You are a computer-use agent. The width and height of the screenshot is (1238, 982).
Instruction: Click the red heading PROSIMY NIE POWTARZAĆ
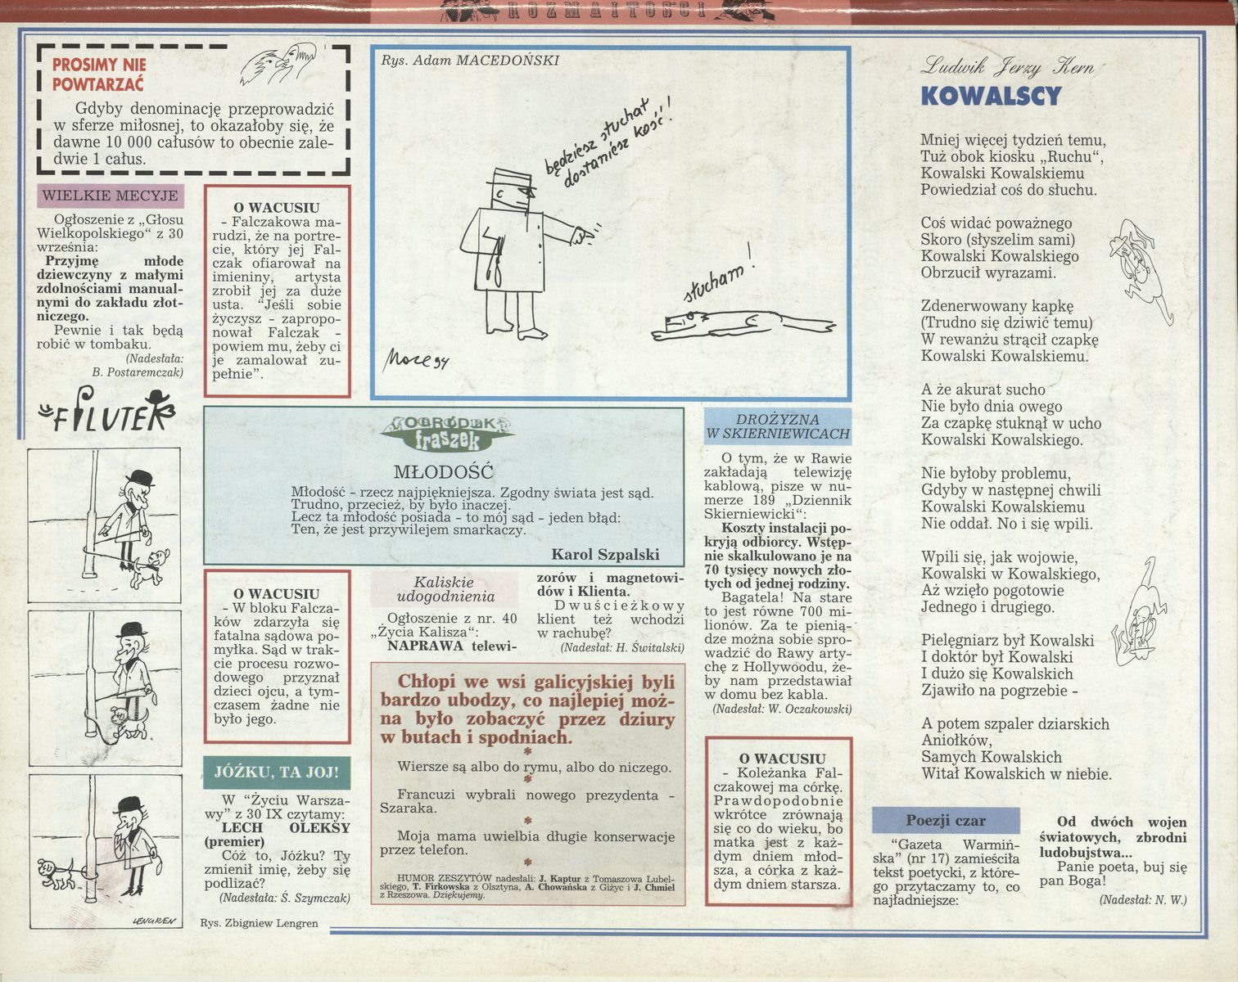tap(99, 74)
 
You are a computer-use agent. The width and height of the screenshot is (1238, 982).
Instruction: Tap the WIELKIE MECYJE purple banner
tap(111, 196)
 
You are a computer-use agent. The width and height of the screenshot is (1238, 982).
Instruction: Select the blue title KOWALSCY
tap(992, 96)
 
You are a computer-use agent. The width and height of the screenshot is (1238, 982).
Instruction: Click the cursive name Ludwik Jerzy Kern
tap(1007, 67)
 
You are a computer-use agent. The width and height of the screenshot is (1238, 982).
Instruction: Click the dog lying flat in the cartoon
tap(742, 325)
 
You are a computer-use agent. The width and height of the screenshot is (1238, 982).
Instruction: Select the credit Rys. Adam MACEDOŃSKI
tap(469, 61)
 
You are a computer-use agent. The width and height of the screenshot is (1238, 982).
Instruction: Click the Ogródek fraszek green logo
tap(447, 432)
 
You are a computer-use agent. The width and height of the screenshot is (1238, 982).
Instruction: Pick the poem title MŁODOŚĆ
tap(444, 472)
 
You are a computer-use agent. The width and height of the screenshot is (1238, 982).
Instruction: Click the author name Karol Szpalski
tap(605, 554)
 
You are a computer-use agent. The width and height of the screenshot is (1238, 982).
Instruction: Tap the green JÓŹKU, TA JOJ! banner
tap(277, 773)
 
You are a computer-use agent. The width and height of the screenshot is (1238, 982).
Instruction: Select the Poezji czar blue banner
tap(946, 821)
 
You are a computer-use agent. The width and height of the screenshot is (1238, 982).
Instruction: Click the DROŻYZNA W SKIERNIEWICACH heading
tap(778, 426)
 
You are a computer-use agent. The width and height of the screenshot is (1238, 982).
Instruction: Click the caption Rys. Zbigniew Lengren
tap(259, 923)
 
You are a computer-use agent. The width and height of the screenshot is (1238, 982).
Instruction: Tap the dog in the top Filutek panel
tap(149, 568)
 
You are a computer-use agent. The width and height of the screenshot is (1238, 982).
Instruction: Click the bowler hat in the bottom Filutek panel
tap(130, 804)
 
